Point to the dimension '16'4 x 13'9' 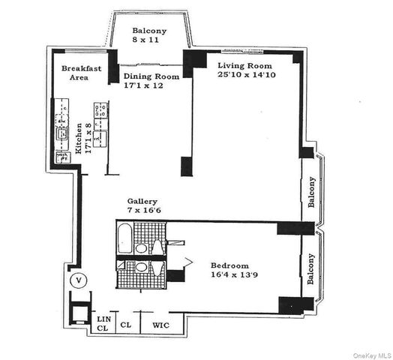click(229, 276)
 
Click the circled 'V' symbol click(78, 281)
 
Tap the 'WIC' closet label click(160, 325)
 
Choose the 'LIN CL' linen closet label click(103, 323)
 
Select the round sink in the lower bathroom click(142, 267)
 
